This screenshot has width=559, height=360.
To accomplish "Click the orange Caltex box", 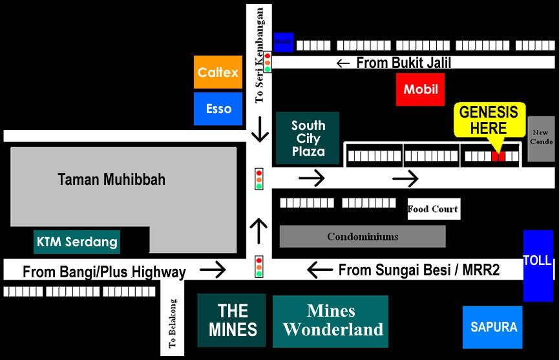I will pos(218,72).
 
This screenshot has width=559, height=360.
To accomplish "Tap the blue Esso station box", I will pos(218,109).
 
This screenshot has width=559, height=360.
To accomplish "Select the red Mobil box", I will pos(420,89).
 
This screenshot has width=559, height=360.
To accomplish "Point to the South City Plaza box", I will pos(308,138).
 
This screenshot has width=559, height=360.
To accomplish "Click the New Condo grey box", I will pos(541,138).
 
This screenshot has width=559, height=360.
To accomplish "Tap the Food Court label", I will pos(433,209).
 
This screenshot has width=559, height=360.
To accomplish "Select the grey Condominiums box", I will pos(362,237).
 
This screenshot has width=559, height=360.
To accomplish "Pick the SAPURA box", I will pos(493,327).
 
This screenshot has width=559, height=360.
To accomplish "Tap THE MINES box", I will pos(232,320).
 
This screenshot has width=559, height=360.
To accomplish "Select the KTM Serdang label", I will pos(77,242).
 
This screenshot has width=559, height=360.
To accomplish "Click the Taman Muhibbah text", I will pos(111,180).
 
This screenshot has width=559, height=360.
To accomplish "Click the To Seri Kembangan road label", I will pos(260,55).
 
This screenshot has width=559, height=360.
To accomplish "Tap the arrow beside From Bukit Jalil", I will pos(343,63).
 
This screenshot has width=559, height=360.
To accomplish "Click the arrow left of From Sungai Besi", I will pos(319,270).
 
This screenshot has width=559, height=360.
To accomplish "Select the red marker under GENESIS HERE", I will pos(498,156).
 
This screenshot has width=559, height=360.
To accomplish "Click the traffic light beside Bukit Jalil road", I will pos(267,62).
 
